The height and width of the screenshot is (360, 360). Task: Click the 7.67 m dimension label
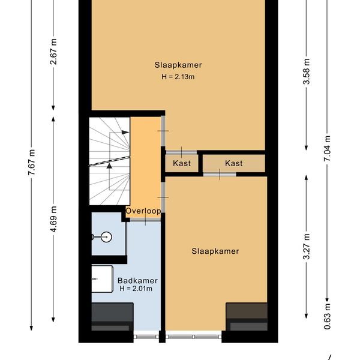(x=31, y=163)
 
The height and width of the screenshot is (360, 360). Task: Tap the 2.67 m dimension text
(x=53, y=52)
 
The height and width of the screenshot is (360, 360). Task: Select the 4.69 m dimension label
(x=53, y=219)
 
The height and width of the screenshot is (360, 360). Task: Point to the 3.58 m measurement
(x=306, y=71)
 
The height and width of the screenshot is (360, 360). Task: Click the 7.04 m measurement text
(x=327, y=149)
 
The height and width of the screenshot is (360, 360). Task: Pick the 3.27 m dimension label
(x=306, y=247)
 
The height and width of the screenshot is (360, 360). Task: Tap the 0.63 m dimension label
(x=327, y=316)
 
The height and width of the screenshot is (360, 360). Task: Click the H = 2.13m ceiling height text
(x=178, y=76)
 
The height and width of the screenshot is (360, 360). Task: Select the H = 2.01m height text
(x=136, y=289)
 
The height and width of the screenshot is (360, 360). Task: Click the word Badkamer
(x=137, y=281)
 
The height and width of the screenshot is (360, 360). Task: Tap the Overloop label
(x=143, y=211)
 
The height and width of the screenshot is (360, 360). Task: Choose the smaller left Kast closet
(x=182, y=163)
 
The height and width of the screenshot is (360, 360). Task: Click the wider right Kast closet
(x=234, y=163)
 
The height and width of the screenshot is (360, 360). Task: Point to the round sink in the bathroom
(x=106, y=237)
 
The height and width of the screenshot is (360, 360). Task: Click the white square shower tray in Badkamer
(x=102, y=279)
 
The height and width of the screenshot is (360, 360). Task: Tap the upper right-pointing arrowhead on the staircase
(x=125, y=132)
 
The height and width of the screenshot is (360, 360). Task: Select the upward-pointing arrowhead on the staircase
(x=110, y=166)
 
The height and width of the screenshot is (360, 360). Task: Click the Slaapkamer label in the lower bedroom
(x=215, y=251)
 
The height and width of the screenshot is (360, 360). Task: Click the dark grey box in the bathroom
(x=112, y=317)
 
